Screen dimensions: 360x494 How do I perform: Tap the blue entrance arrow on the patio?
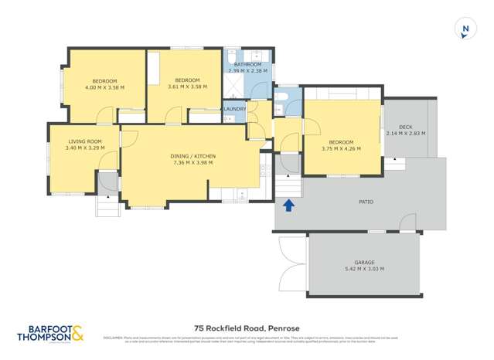[289, 205]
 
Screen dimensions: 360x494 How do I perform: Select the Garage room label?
[364, 262]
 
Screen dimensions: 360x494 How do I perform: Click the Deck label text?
[405, 127]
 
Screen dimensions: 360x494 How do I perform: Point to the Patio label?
[366, 202]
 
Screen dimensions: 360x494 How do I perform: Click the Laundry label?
[235, 109]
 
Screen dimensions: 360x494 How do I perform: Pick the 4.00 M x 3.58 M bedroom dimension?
[104, 87]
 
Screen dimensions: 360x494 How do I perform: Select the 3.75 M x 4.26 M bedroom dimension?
[341, 148]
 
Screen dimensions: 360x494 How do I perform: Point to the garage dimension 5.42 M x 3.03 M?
[364, 269]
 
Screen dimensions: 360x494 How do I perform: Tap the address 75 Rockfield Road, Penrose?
[247, 327]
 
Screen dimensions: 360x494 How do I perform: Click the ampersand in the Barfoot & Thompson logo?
[78, 332]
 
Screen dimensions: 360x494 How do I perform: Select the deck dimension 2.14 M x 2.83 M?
[405, 134]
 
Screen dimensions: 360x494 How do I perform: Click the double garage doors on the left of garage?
[292, 263]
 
